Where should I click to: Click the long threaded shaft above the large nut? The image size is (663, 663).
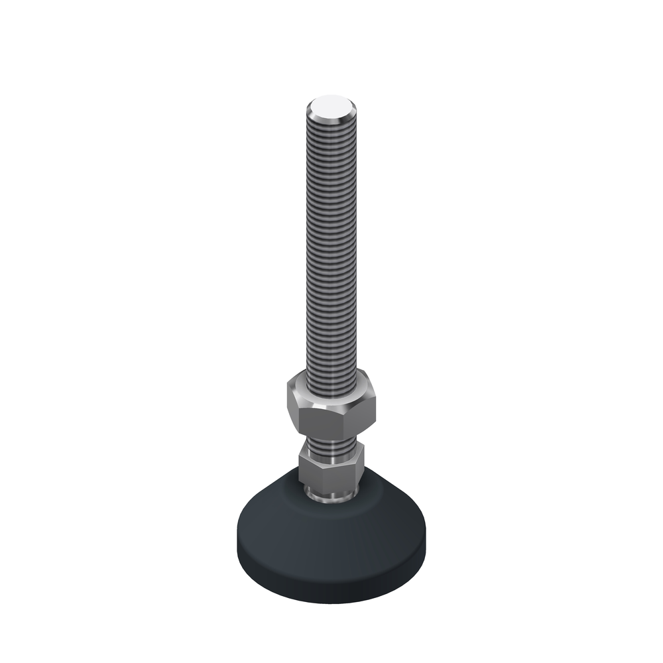coord(331,252)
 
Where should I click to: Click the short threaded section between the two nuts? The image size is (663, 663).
coord(331,442)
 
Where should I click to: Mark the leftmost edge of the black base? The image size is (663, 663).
coord(237,537)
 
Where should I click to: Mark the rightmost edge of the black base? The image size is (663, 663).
coord(426,537)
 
